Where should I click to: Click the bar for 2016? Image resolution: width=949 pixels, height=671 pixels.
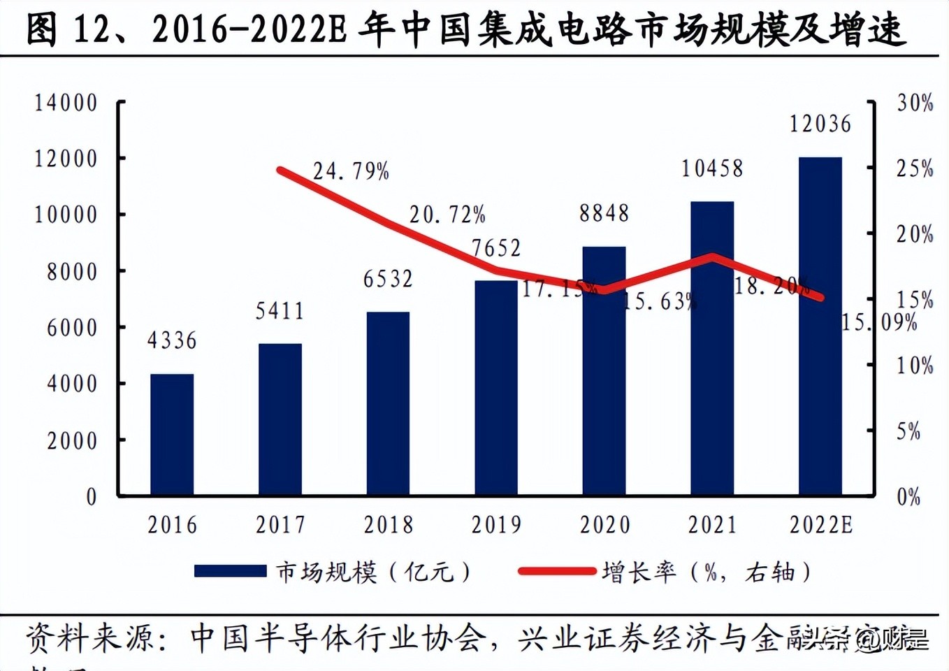click(172, 435)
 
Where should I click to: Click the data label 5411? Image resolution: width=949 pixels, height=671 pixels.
click(280, 311)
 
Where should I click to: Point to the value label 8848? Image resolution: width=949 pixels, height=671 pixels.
click(604, 213)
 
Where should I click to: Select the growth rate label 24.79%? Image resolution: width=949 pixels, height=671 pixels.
click(351, 171)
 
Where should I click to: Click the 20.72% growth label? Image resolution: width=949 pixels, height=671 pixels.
click(447, 215)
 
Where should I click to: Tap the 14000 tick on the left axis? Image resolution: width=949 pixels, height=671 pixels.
click(66, 103)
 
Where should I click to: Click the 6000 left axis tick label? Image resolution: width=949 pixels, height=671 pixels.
click(73, 328)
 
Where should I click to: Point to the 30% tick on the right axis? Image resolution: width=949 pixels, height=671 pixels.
click(915, 103)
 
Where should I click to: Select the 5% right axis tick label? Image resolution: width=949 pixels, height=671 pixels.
click(908, 431)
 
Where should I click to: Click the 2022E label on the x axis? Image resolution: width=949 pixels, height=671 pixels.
click(821, 525)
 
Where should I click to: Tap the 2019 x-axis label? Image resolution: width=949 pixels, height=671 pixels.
click(496, 525)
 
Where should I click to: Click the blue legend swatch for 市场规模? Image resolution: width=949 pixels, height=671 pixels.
click(230, 572)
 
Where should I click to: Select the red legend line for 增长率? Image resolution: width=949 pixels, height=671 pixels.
click(557, 572)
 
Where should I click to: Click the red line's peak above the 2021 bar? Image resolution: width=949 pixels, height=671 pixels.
click(713, 257)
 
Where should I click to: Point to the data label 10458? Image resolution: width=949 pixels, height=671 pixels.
click(712, 168)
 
